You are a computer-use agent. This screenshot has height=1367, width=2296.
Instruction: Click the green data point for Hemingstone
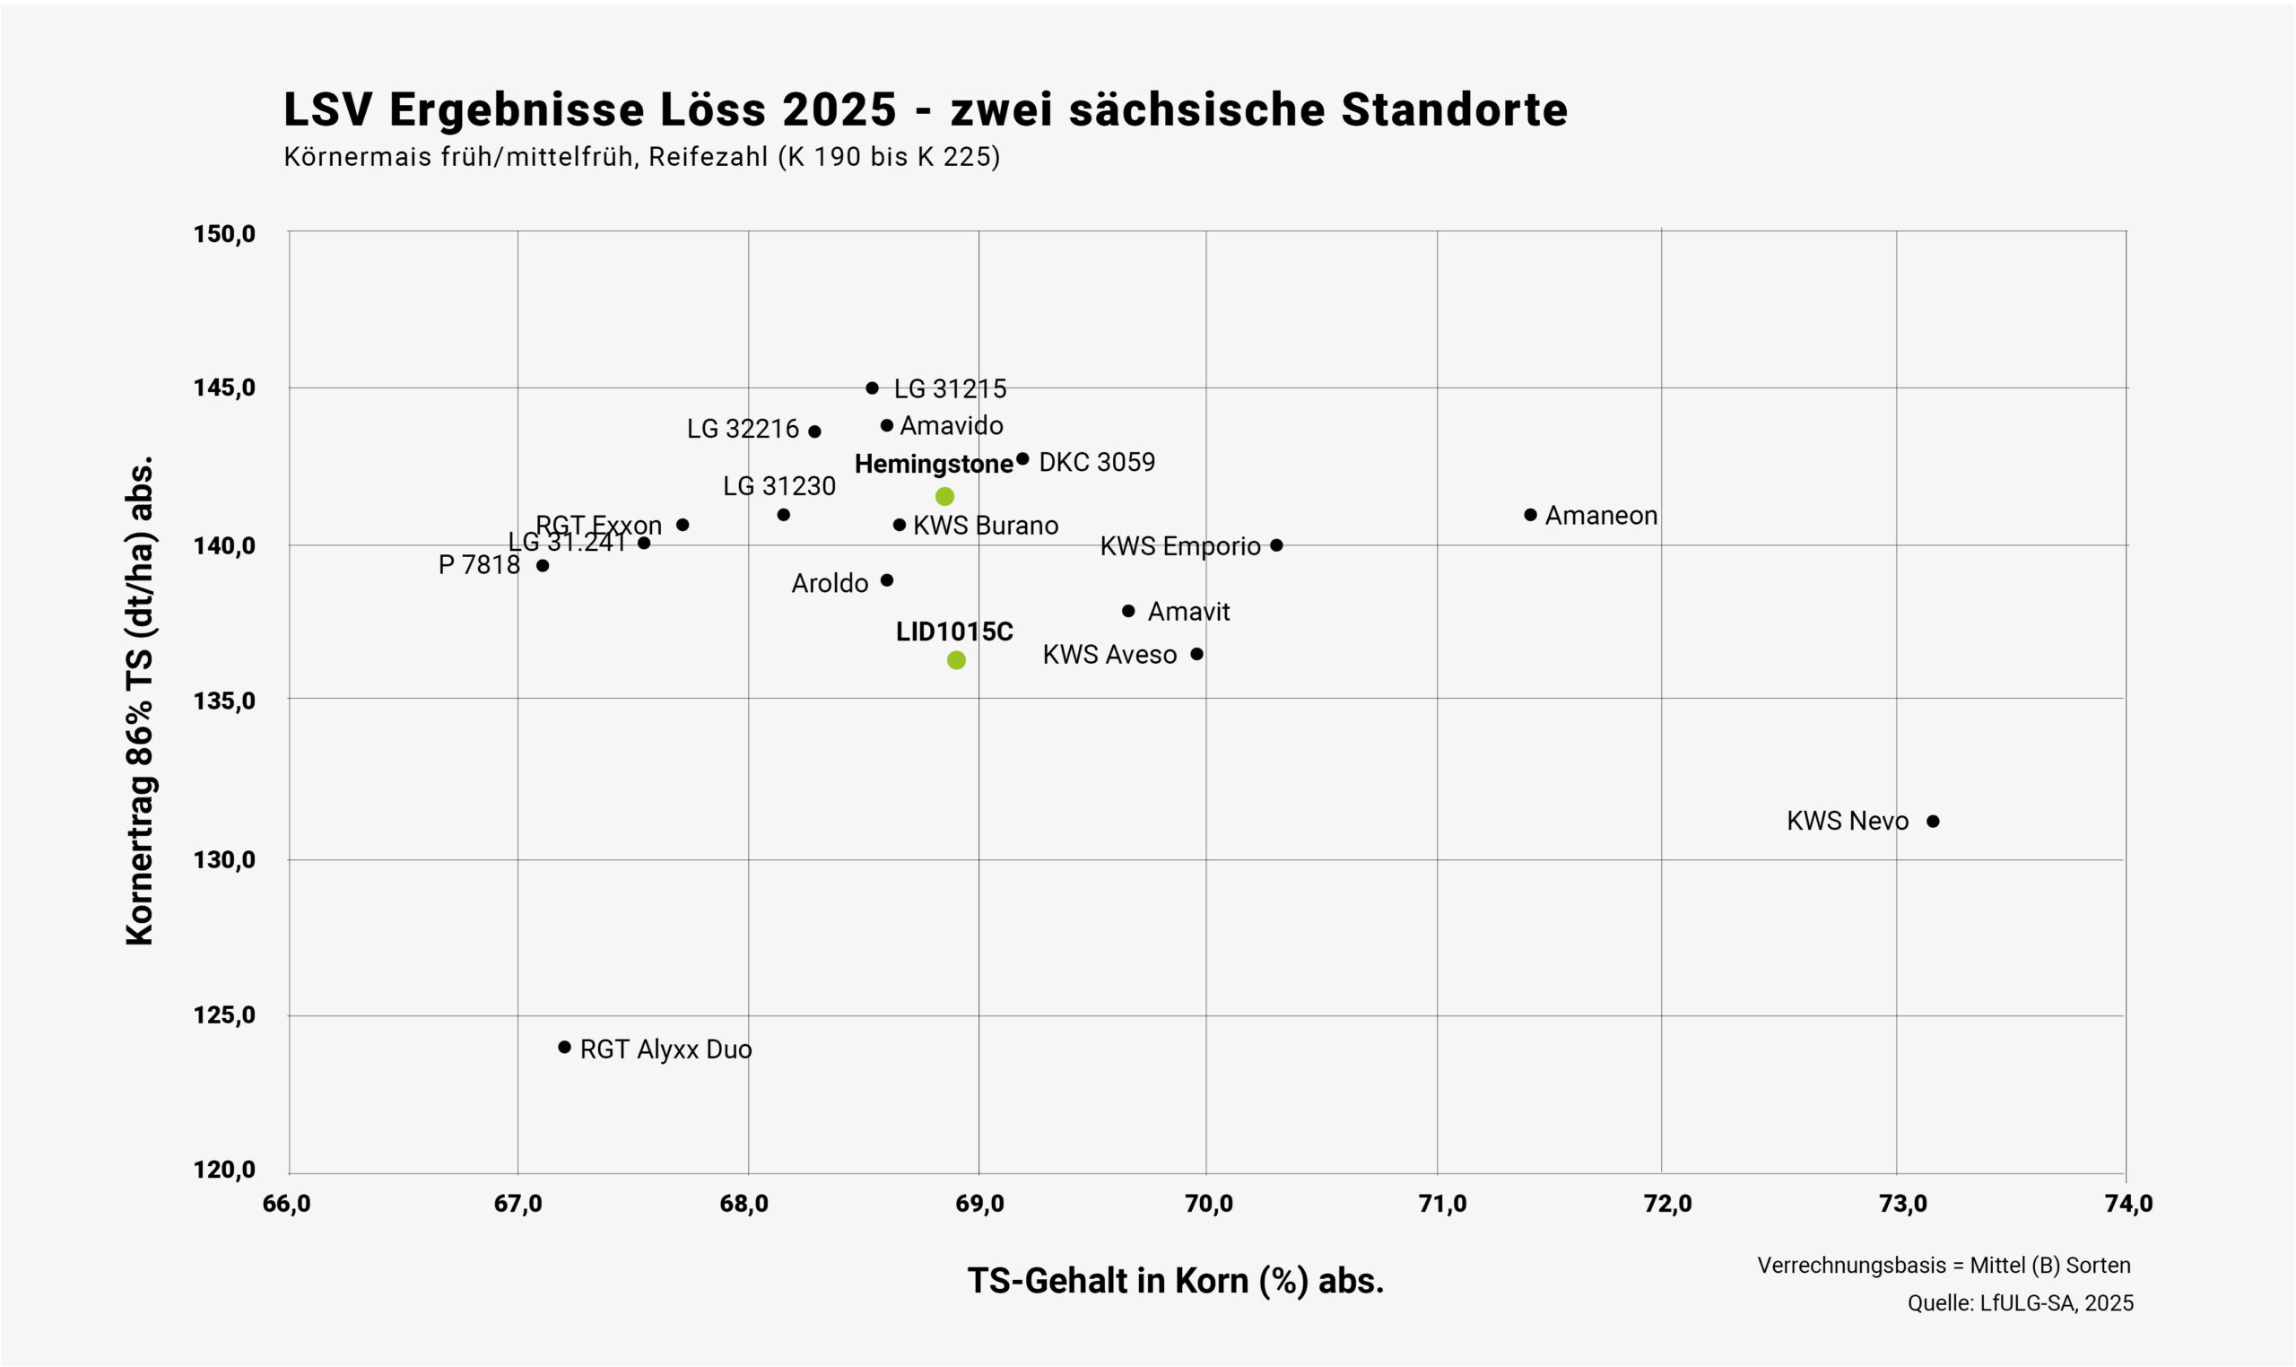pyautogui.click(x=944, y=497)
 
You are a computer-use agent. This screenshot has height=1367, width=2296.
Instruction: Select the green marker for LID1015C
pyautogui.click(x=956, y=660)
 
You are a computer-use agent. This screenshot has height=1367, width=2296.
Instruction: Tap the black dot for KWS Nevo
pyautogui.click(x=1933, y=822)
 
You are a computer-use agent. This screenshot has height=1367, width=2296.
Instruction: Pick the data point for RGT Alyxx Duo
pyautogui.click(x=564, y=1048)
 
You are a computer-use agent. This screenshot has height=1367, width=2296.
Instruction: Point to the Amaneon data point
pyautogui.click(x=1531, y=515)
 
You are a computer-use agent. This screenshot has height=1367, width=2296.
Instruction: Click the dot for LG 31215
pyautogui.click(x=872, y=387)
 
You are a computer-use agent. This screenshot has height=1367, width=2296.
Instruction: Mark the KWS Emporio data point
pyautogui.click(x=1276, y=545)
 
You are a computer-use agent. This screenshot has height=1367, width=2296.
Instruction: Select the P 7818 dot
pyautogui.click(x=543, y=566)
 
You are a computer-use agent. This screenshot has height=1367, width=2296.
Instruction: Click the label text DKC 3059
pyautogui.click(x=1096, y=463)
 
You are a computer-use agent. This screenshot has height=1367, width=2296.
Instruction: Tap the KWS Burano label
pyautogui.click(x=986, y=526)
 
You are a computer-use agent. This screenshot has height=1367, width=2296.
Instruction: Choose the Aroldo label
pyautogui.click(x=830, y=584)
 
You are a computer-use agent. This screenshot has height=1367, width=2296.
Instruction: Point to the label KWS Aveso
pyautogui.click(x=1109, y=655)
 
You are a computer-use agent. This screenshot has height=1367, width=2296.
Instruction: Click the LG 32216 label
pyautogui.click(x=743, y=430)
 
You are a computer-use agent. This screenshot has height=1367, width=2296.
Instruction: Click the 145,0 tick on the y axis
pyautogui.click(x=224, y=387)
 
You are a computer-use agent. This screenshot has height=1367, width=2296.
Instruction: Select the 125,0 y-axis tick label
pyautogui.click(x=224, y=1015)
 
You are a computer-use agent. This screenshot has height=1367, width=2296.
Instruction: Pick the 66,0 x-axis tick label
pyautogui.click(x=286, y=1204)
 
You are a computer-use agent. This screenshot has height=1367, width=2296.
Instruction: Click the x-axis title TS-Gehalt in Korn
pyautogui.click(x=1175, y=1281)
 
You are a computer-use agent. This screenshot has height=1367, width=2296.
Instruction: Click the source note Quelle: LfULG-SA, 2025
pyautogui.click(x=2020, y=1303)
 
